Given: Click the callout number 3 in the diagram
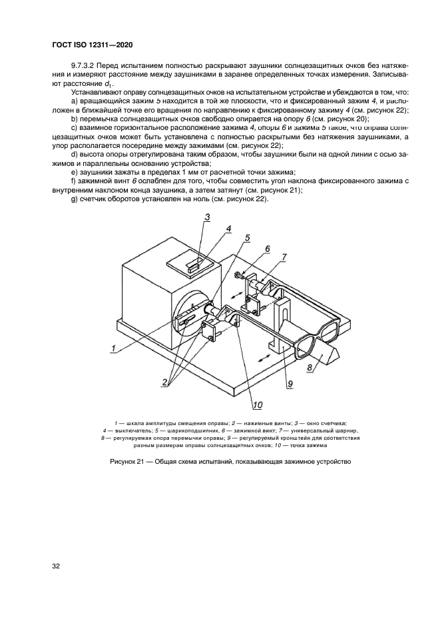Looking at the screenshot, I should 207,216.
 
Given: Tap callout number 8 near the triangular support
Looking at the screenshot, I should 310,366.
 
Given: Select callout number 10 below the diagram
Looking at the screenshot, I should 256,404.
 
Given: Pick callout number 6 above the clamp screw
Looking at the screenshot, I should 267,249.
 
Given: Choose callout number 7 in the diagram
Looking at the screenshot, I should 284,257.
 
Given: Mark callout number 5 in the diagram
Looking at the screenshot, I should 246,237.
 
